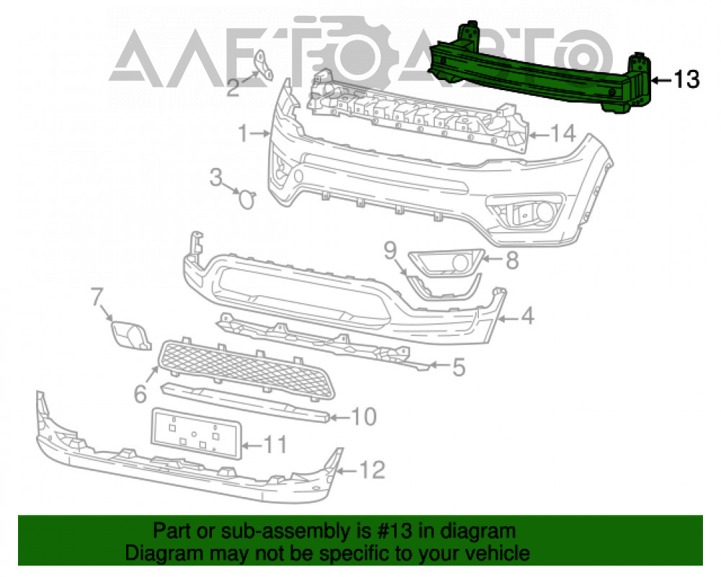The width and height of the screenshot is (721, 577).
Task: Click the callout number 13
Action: [686, 79]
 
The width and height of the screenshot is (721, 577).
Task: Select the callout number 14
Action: [563, 133]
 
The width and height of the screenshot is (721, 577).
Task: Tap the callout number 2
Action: [233, 87]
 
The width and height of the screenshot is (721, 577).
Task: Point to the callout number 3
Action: [216, 177]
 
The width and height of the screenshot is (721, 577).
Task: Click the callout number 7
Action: [96, 296]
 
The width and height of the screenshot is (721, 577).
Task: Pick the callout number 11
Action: [275, 444]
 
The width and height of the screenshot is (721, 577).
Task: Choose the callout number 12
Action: [371, 470]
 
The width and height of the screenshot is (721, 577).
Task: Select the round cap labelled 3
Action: [247, 199]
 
